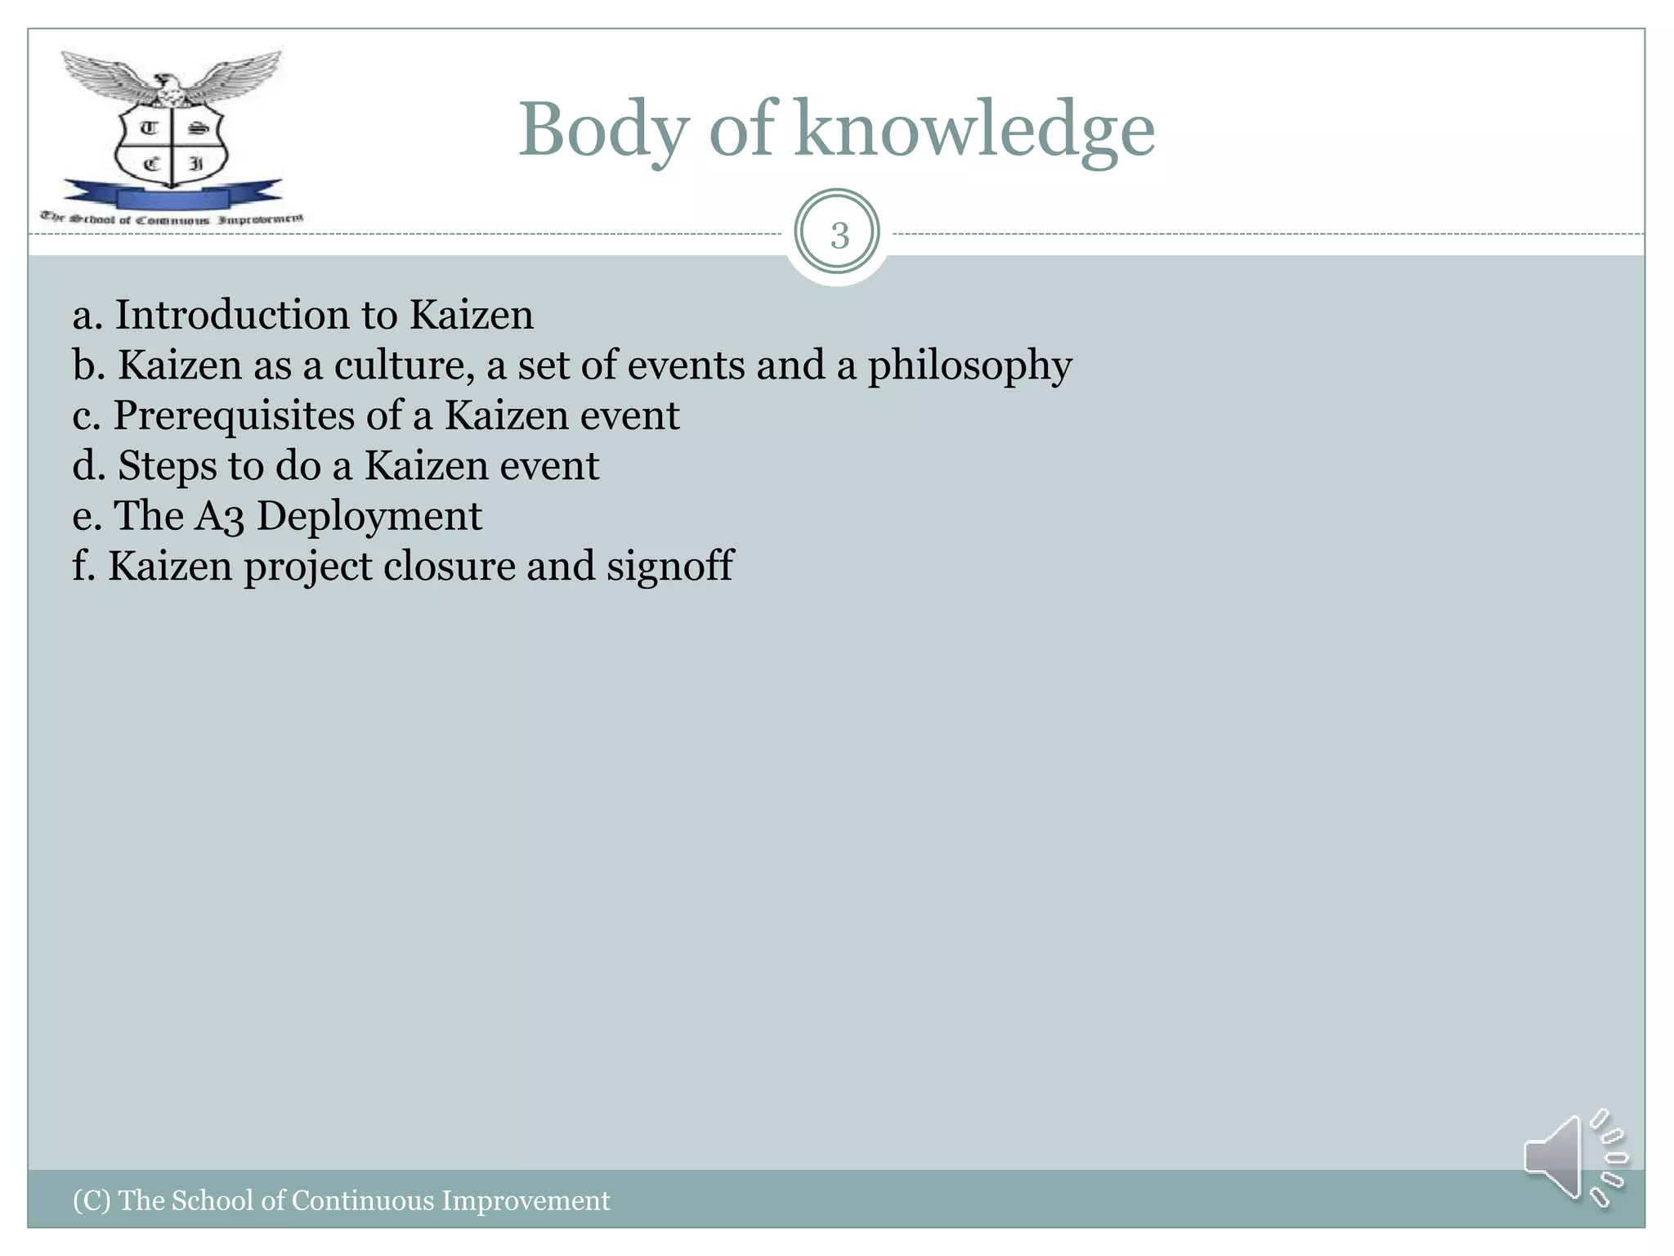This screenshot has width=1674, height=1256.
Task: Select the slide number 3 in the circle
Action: tap(839, 235)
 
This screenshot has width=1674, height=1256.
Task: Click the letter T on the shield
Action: tap(149, 128)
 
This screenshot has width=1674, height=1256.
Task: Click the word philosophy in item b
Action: tap(969, 366)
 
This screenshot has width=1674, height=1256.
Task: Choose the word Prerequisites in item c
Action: tap(233, 415)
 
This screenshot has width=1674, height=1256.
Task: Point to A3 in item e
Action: tap(218, 517)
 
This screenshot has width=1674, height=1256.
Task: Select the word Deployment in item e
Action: tap(369, 517)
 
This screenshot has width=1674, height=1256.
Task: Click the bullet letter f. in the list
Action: tap(84, 566)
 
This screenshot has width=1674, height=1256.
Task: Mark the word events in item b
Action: tap(686, 366)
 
